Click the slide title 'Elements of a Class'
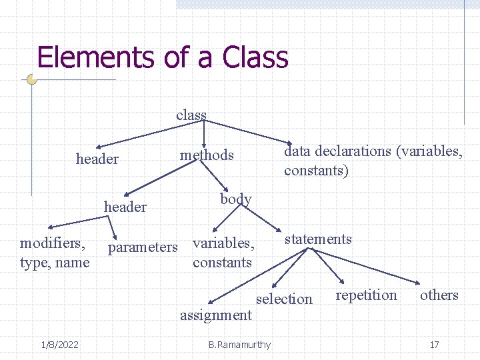click(x=163, y=57)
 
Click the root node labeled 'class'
click(x=191, y=115)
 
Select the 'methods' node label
click(x=207, y=155)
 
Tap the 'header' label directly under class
click(x=97, y=159)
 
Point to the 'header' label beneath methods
click(x=125, y=207)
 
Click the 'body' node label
click(x=236, y=199)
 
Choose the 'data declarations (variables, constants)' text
click(x=373, y=161)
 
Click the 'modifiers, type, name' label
click(x=55, y=253)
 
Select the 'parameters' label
click(x=143, y=247)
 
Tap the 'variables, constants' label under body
click(x=223, y=253)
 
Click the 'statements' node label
click(x=318, y=239)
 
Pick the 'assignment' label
click(x=216, y=315)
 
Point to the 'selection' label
click(x=284, y=299)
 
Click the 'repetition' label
click(x=366, y=295)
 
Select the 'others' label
click(x=439, y=295)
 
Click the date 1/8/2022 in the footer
click(x=59, y=345)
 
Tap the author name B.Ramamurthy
click(x=239, y=345)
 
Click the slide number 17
click(x=434, y=345)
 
